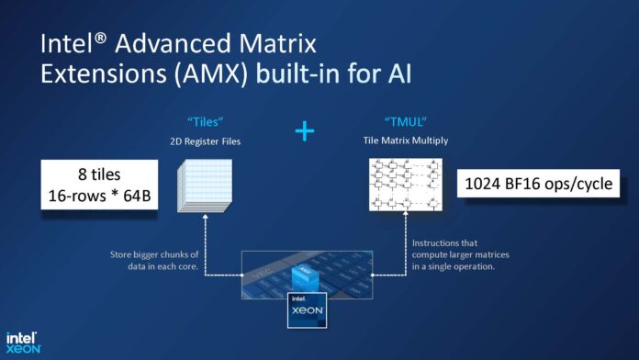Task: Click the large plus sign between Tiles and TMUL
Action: coord(306,131)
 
